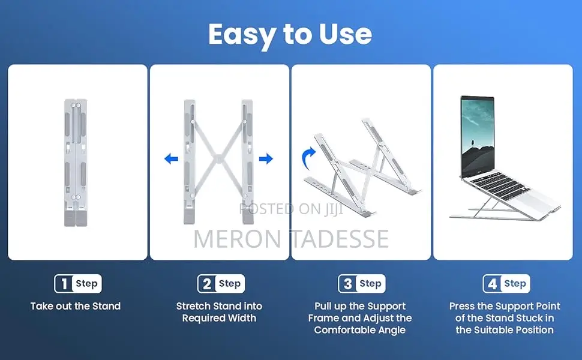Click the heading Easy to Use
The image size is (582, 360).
(x=290, y=35)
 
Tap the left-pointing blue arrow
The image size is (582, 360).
(x=172, y=159)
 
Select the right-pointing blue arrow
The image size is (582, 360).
(x=266, y=159)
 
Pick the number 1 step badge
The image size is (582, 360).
(x=78, y=284)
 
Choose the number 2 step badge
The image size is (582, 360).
(x=221, y=284)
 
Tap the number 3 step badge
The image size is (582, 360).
(x=362, y=284)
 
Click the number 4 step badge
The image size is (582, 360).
(x=506, y=284)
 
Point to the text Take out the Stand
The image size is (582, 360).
(x=76, y=306)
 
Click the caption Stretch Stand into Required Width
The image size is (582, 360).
(x=219, y=312)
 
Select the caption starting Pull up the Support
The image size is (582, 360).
(x=360, y=318)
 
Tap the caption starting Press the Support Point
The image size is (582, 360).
(x=504, y=318)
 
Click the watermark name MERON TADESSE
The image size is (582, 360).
(x=291, y=239)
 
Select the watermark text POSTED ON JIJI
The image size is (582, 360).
(x=291, y=209)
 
